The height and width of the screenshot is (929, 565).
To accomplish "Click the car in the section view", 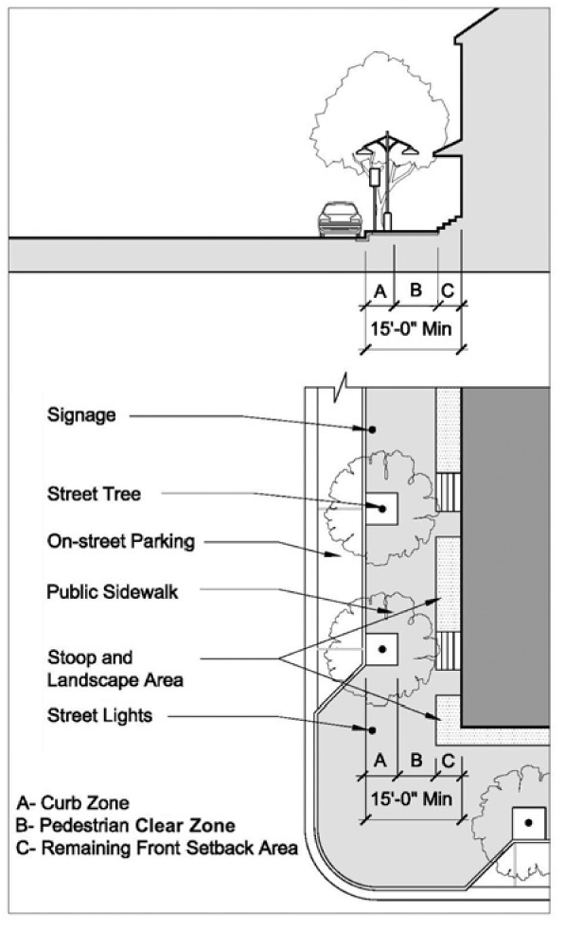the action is (340, 219).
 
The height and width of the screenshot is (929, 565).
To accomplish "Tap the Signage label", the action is (81, 414).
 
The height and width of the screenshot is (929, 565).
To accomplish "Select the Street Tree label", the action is (94, 494).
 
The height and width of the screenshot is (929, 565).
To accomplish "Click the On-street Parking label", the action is (121, 541).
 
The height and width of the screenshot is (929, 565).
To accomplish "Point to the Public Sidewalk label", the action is (112, 591).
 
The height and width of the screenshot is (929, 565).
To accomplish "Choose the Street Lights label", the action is (99, 715).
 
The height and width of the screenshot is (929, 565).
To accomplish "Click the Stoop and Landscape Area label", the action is (115, 668).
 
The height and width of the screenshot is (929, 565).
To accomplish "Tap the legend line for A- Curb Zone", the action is (72, 802).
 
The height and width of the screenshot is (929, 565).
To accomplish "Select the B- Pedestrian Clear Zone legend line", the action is (125, 825).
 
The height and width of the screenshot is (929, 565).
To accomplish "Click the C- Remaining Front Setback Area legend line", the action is (156, 848).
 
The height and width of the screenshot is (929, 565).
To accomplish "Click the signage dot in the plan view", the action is (372, 429).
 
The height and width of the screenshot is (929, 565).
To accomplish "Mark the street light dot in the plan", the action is (372, 730).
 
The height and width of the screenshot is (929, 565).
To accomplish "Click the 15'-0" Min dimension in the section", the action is (411, 327).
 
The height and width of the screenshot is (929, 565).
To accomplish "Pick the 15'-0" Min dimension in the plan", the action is (411, 798).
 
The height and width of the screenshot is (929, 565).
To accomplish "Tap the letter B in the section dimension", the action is (415, 289).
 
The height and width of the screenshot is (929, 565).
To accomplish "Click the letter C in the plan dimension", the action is (449, 761).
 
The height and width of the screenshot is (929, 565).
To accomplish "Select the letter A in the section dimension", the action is (380, 291).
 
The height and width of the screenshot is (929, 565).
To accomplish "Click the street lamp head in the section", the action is (388, 145).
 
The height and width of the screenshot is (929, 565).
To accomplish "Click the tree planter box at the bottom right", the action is (528, 823).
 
